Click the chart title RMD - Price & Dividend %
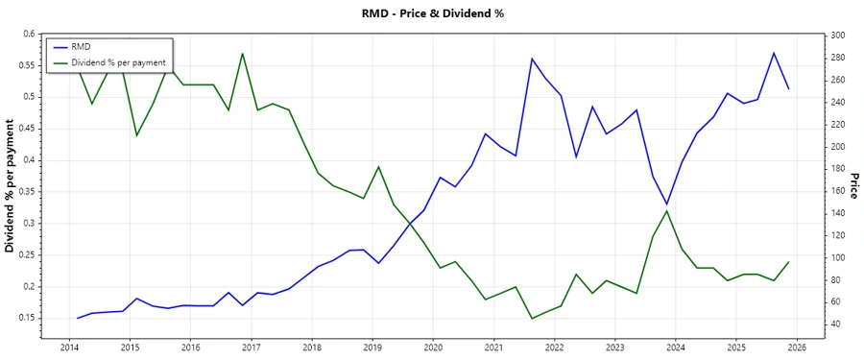[x=431, y=13]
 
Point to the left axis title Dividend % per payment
[x=11, y=186]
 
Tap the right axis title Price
[x=853, y=186]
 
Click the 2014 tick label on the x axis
[x=69, y=347]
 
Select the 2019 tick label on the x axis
[x=372, y=347]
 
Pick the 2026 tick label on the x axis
[x=797, y=347]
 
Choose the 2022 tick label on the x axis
[x=554, y=347]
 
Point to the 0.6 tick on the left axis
[x=28, y=34]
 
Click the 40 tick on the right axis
[x=834, y=324]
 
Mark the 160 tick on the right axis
[x=836, y=191]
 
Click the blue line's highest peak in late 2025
[x=774, y=53]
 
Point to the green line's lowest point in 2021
[x=532, y=318]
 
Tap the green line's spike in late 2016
[x=242, y=54]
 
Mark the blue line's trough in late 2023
[x=667, y=204]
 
